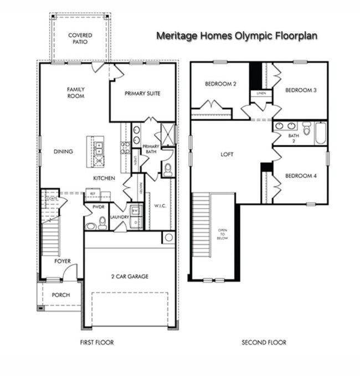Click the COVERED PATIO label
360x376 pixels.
coord(80,38)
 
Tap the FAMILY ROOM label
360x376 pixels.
coord(75,93)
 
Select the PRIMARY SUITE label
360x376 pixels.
coord(142,94)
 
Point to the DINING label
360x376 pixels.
coord(63,151)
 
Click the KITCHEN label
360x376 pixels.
coord(104,178)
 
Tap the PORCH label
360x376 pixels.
coord(60,295)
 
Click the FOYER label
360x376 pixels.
coord(62,261)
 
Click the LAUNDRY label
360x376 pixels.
coord(119,217)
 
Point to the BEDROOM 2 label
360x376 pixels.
coord(220,84)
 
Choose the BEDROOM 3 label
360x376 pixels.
coord(301,90)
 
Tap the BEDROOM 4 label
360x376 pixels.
coord(301,176)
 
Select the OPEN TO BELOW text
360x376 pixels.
coord(222,234)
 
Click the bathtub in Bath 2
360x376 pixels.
coord(321,134)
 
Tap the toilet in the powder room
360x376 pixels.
coord(102,223)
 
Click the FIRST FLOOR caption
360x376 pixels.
coord(97,343)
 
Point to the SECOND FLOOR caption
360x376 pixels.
coord(264,343)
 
